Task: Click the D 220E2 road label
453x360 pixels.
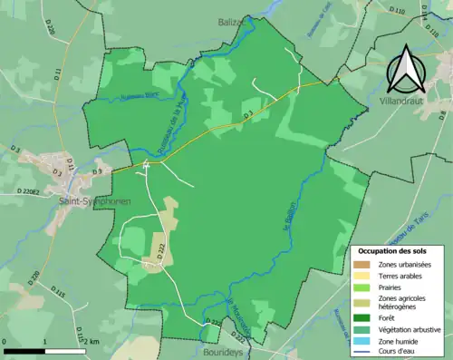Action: [33, 191]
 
